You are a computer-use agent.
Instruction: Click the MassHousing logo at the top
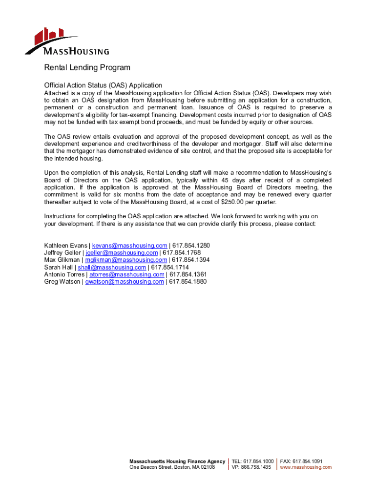[67, 42]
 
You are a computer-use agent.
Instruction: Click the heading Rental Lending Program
[87, 67]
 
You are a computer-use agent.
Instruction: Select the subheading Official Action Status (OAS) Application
[103, 85]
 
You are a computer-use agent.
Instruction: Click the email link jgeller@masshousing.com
[122, 252]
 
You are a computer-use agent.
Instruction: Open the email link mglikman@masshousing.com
[126, 260]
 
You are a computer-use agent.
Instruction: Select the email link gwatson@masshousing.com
[125, 282]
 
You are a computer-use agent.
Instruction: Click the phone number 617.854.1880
[188, 282]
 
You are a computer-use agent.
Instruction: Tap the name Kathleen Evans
[65, 245]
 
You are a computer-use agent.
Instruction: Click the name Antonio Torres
[64, 274]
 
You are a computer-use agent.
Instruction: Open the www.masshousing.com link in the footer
[306, 467]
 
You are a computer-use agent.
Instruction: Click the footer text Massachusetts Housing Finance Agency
[177, 461]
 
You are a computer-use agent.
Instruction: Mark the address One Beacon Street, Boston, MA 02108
[172, 467]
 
